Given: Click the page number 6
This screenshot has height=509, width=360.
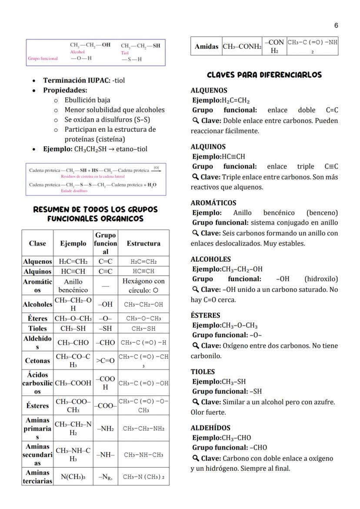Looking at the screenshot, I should [336, 26].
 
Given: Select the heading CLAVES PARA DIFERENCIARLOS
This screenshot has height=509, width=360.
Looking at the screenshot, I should [264, 75].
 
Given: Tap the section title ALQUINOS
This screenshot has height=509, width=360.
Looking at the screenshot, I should [208, 147].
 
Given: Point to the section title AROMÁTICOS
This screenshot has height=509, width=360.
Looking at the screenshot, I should [213, 203].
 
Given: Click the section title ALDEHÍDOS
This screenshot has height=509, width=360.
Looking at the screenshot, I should [210, 428].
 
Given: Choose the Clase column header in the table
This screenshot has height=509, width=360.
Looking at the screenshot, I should [37, 243].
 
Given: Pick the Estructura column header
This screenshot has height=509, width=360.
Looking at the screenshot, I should [143, 243].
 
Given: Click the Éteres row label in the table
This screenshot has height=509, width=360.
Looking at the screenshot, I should [37, 318].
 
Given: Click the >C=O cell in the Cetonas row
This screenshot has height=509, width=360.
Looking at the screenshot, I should [105, 360].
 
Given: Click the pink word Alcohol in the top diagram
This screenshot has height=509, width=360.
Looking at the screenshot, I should [77, 52].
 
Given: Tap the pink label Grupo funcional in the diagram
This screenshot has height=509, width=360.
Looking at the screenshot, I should [43, 58].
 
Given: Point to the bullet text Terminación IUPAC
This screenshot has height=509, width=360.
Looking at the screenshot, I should [77, 80].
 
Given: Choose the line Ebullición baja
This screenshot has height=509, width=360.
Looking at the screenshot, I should [87, 100].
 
